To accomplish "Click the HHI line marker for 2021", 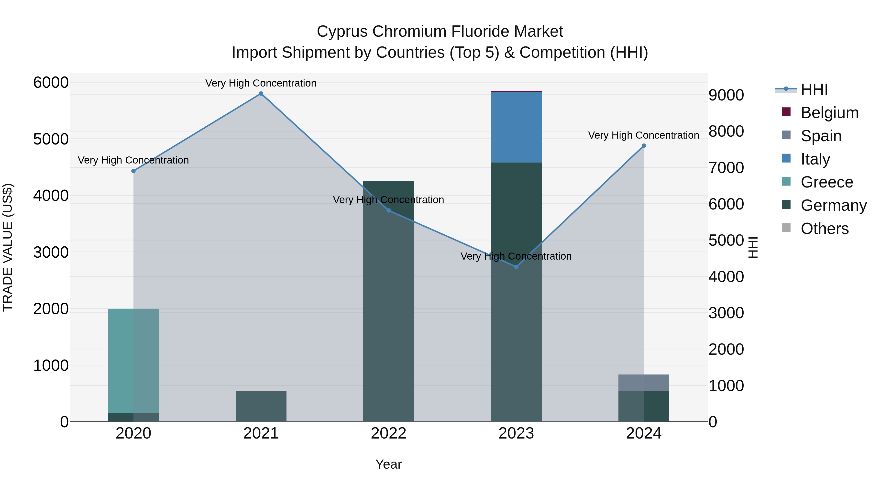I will pos(261,94).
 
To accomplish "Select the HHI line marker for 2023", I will pos(516,267).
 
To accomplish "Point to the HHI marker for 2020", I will pos(133,171).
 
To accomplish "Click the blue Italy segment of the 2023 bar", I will pos(516,127).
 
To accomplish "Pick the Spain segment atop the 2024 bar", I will pos(644,383).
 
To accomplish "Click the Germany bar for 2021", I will pos(261,406).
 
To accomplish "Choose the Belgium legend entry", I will pos(829,113).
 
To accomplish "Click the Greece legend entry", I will pos(827,182).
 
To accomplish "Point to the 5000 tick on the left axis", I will pos(51,139).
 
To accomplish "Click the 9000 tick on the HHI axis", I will pos(726,95).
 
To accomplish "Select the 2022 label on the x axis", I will pos(388,433).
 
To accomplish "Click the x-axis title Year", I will pos(388,464).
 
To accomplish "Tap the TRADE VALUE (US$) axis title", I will pos(8,247).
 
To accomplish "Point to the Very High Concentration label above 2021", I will pos(261,83).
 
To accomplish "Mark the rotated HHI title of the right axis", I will pos(753,247).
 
